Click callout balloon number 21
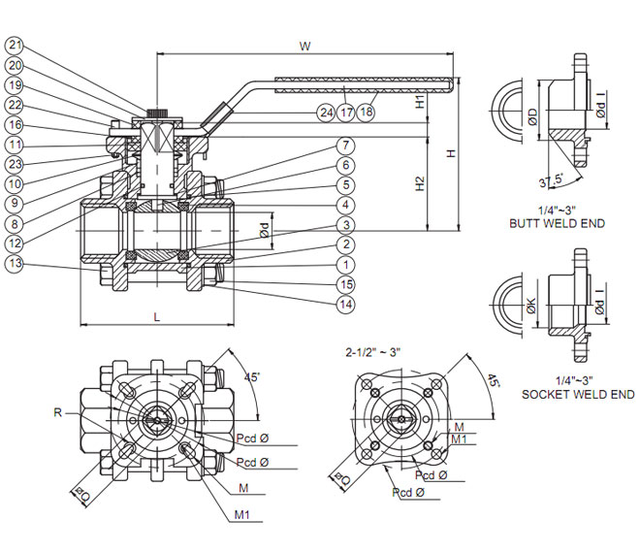click(x=15, y=45)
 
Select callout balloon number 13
click(x=15, y=264)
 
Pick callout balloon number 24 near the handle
click(x=326, y=113)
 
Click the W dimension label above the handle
click(x=305, y=46)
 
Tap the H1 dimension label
click(x=420, y=101)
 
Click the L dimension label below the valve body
click(x=157, y=316)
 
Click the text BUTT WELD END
click(x=557, y=223)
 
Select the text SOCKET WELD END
click(x=578, y=394)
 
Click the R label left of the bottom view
click(x=59, y=412)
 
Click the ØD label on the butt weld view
click(x=531, y=118)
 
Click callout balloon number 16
click(x=15, y=124)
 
